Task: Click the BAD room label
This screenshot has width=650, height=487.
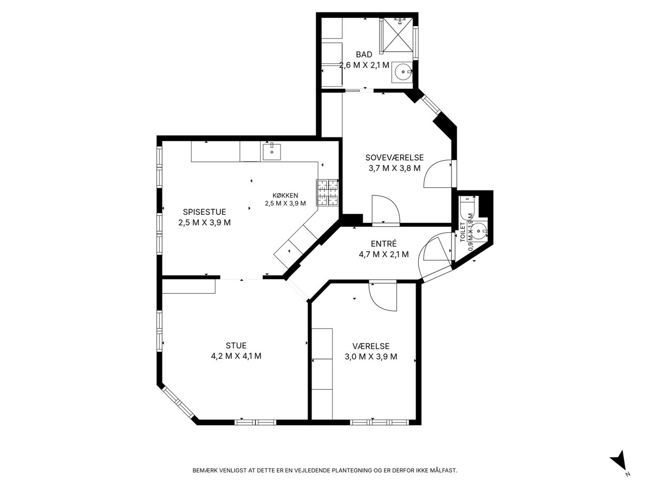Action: point(364,55)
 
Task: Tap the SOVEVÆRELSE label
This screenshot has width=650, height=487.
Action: point(394,157)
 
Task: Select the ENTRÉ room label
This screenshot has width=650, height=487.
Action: point(383,243)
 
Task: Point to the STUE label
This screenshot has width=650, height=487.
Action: point(236,345)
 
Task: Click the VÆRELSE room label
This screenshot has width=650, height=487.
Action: point(370,346)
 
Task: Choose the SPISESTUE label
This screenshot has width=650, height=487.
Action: point(204,212)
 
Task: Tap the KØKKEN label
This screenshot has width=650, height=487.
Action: point(285,195)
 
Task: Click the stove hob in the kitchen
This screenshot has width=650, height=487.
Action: point(327,193)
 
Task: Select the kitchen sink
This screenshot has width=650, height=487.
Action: point(272,152)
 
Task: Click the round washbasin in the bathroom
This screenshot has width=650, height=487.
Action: point(404,72)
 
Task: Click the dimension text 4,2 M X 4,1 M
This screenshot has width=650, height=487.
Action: point(236,356)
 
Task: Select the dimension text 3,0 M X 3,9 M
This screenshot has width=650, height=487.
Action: point(370,357)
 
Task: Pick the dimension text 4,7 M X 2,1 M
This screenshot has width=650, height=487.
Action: point(384,254)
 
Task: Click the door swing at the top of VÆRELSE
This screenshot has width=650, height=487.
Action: point(382,297)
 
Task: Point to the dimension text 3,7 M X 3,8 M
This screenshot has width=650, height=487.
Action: point(394,168)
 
